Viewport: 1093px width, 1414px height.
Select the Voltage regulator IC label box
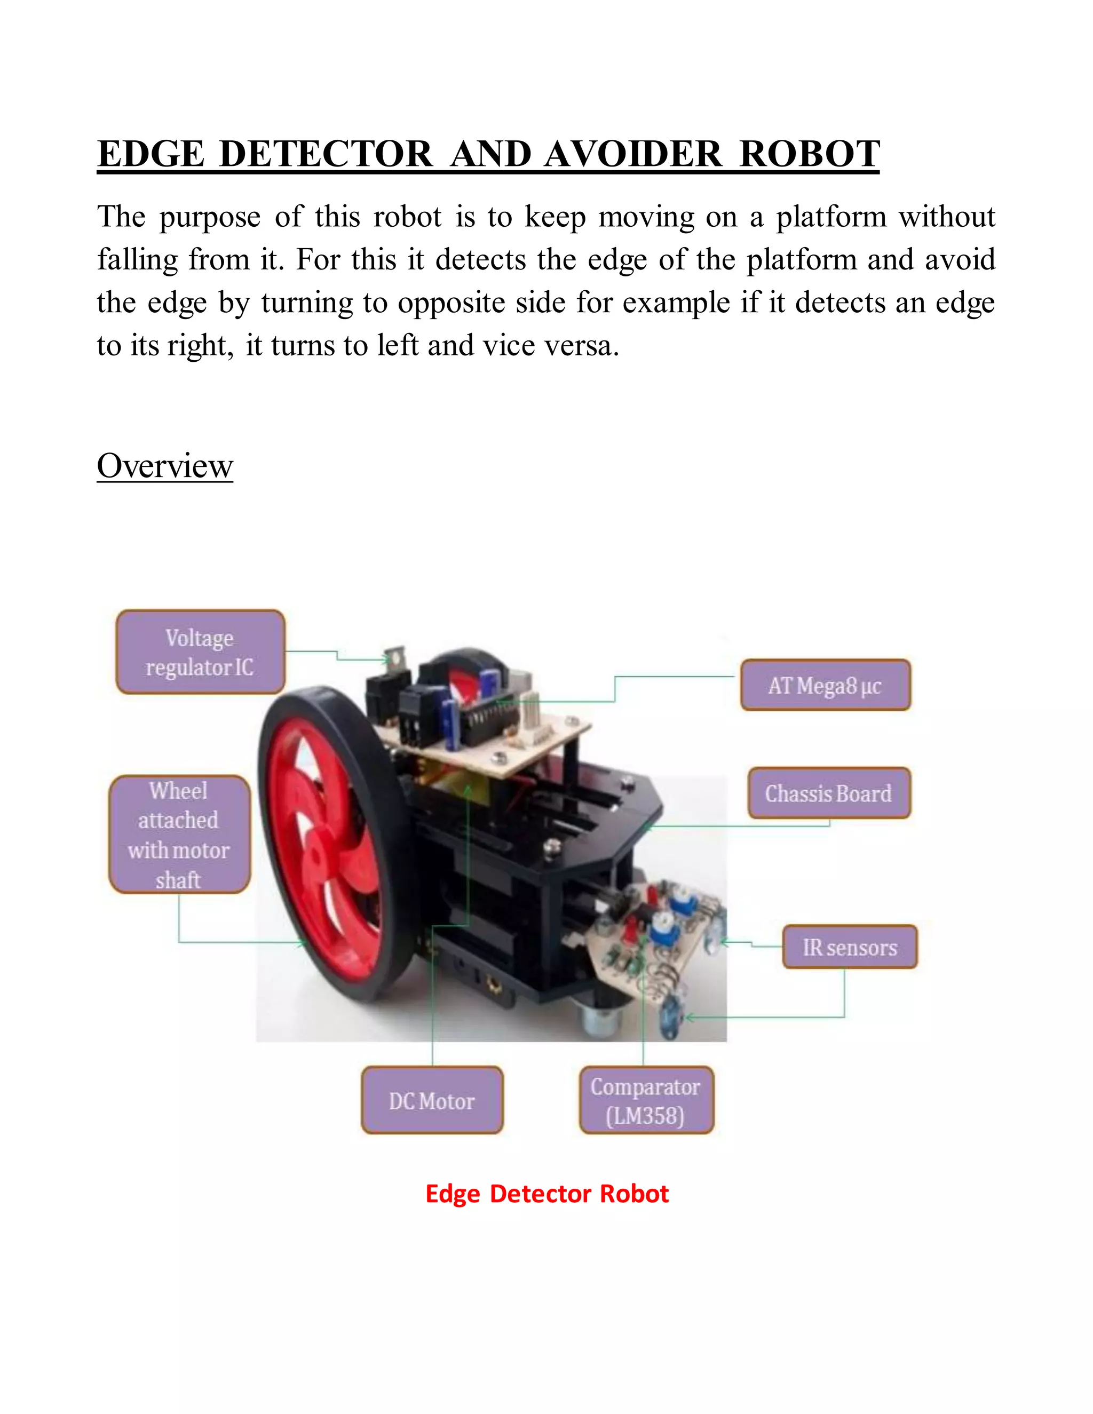click(200, 652)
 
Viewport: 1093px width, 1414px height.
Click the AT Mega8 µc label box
click(825, 685)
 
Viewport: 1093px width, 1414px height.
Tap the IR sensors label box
click(850, 947)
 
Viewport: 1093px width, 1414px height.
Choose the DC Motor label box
click(432, 1101)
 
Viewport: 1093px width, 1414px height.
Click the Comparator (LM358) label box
click(646, 1101)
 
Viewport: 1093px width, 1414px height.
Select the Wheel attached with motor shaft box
click(179, 835)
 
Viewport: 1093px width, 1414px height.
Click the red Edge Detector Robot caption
click(546, 1193)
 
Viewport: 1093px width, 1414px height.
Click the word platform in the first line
click(831, 217)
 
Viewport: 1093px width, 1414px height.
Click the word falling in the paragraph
click(137, 260)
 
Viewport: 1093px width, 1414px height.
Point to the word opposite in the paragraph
click(450, 303)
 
